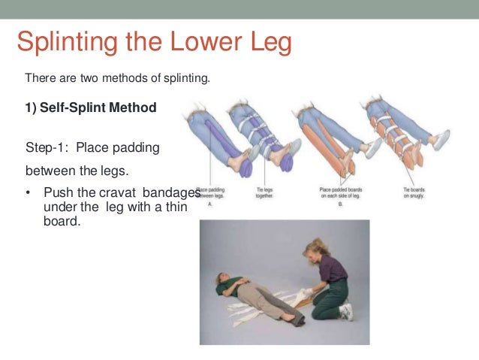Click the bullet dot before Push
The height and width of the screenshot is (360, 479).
coord(29,192)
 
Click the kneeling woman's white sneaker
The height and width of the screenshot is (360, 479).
coord(346,310)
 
